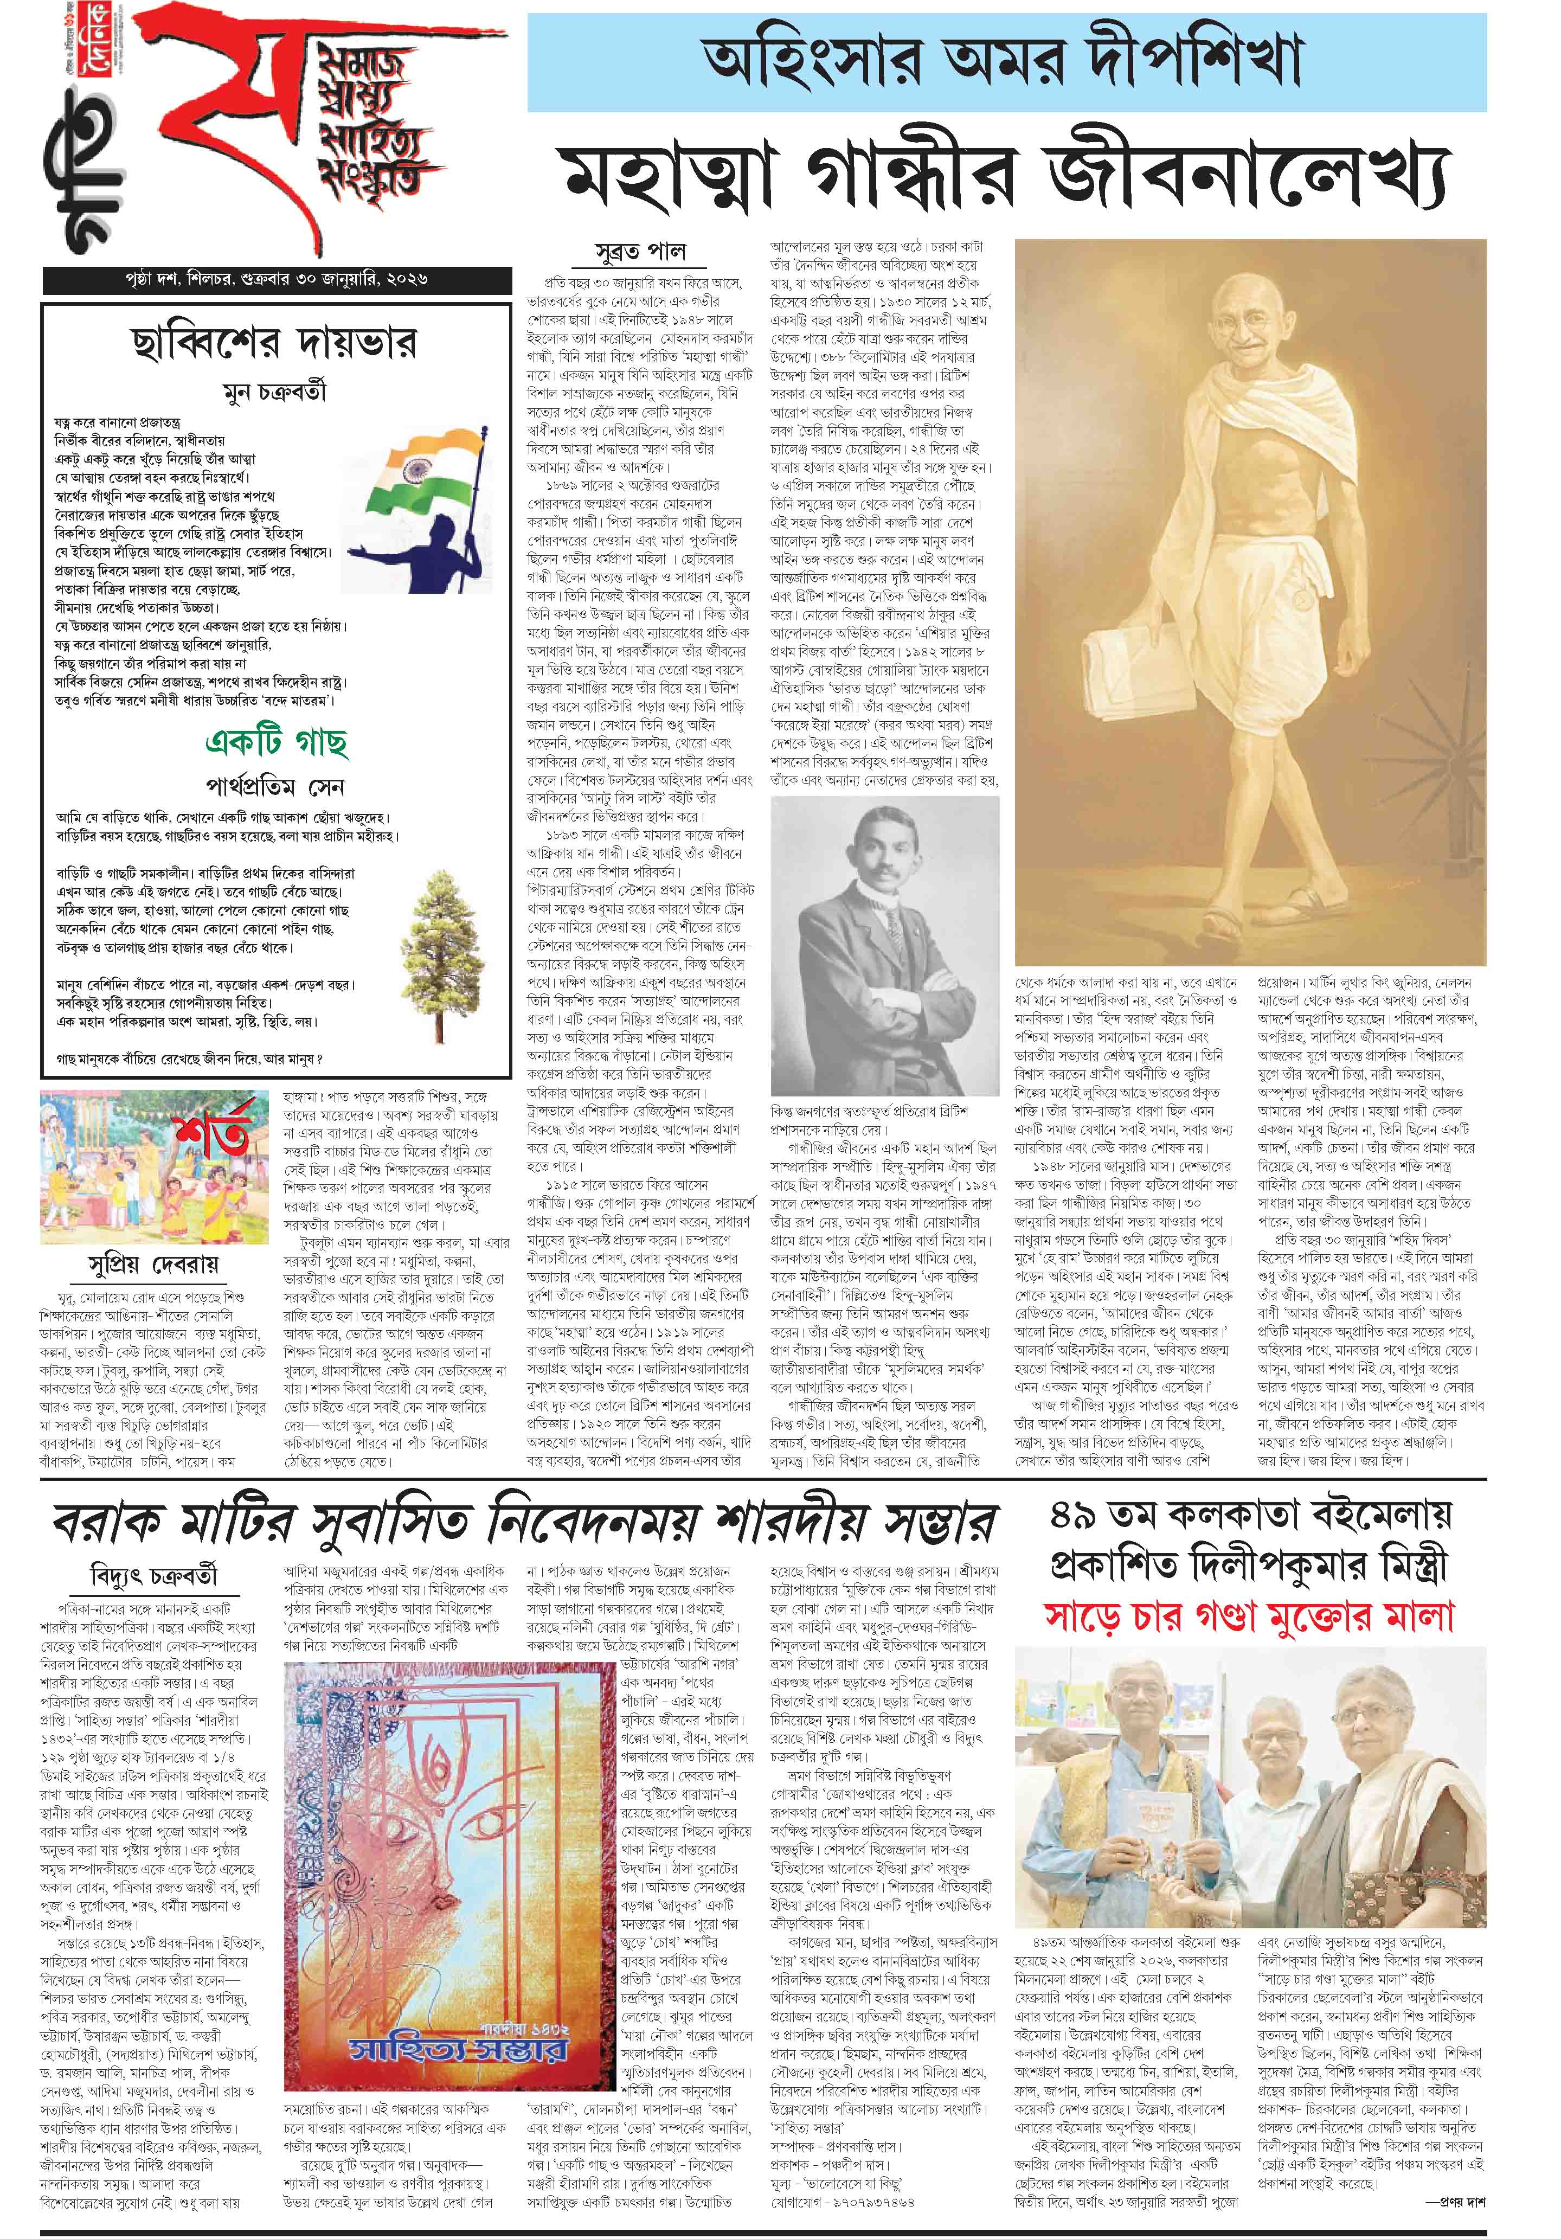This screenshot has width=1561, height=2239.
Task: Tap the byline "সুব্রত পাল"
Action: click(x=640, y=252)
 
